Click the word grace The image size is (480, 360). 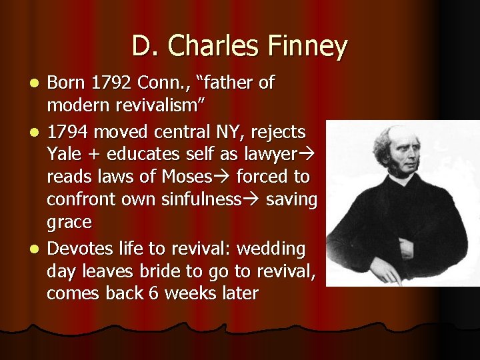pos(69,222)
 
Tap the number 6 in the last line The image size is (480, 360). pos(155,293)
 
